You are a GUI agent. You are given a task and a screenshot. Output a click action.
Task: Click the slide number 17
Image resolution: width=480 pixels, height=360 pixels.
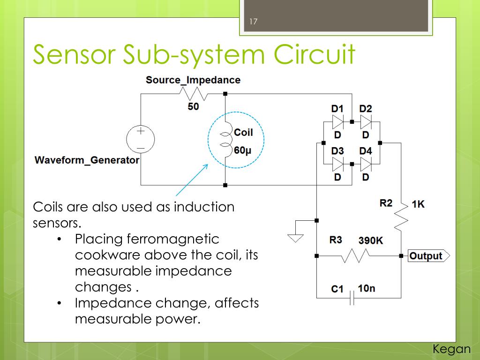point(254,22)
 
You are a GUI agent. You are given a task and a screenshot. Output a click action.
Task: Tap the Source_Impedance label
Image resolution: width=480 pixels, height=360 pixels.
point(193,80)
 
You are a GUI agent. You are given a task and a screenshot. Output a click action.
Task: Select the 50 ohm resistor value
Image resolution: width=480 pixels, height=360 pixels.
point(193,107)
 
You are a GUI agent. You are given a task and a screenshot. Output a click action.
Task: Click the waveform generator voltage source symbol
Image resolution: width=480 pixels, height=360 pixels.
point(140,140)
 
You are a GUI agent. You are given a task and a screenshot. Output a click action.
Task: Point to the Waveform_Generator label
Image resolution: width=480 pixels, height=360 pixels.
point(87,160)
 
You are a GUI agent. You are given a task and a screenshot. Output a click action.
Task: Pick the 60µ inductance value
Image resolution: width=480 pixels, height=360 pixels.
point(243,150)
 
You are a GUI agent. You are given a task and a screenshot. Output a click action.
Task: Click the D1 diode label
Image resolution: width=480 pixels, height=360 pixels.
point(337,109)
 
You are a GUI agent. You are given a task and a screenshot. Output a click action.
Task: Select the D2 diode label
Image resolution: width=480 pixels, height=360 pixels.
point(366,109)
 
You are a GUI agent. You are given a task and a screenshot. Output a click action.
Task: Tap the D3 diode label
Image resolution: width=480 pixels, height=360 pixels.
point(337,151)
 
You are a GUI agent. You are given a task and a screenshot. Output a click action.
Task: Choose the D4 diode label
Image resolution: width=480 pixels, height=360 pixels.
point(366,151)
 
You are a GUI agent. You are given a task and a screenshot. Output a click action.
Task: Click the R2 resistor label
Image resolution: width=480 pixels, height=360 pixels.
point(386,203)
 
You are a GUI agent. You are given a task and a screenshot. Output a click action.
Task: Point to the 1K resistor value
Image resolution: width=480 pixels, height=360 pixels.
point(418,204)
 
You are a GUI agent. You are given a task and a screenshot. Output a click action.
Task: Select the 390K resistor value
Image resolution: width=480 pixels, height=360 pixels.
point(370,240)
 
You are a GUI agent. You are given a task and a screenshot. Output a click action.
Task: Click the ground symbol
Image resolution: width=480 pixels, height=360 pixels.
point(295,238)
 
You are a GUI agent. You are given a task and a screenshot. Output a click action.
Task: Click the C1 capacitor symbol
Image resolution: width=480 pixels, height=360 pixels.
point(352,298)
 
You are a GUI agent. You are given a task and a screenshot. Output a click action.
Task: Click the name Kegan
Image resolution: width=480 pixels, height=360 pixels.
point(451,349)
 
